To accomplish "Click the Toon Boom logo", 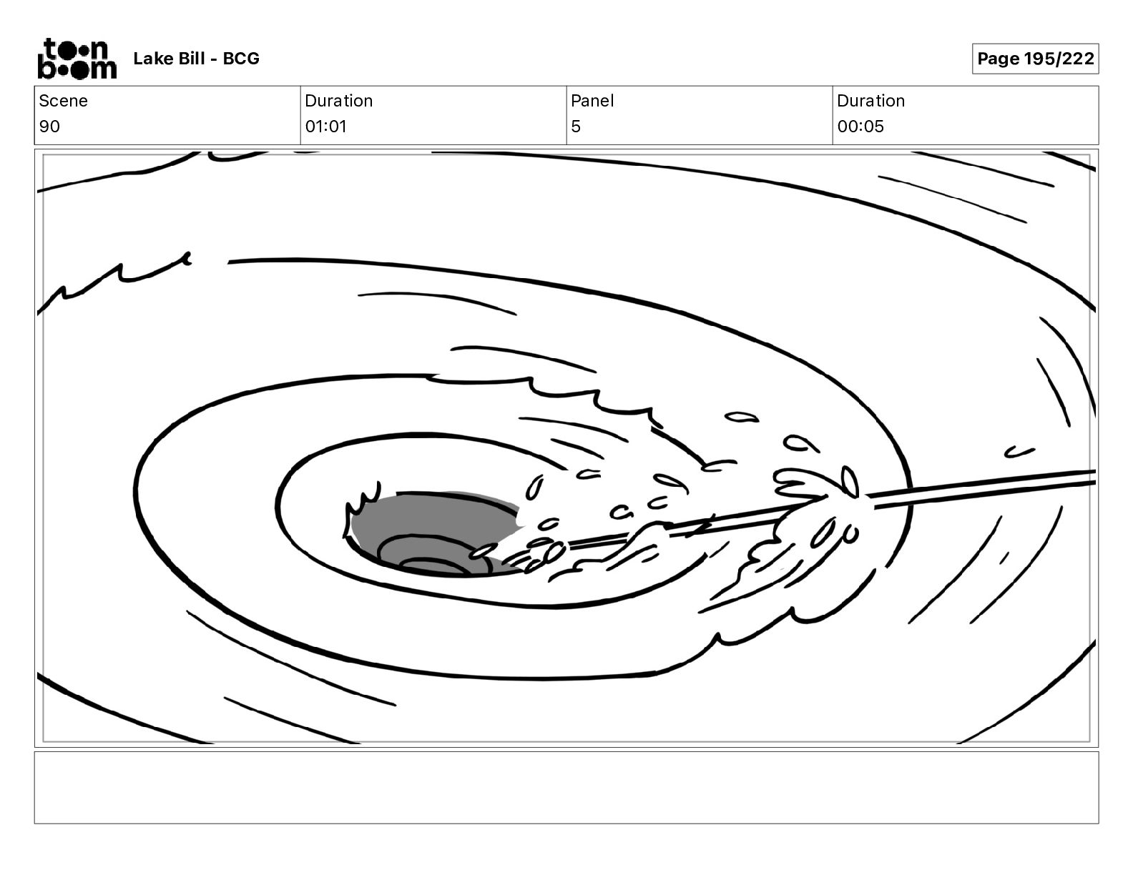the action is (x=77, y=59).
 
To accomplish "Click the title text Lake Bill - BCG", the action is (x=196, y=59).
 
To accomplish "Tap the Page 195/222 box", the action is (x=1035, y=59).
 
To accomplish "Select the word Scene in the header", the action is (x=63, y=101).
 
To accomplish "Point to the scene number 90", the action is (x=49, y=126).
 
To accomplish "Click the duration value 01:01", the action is (x=325, y=126).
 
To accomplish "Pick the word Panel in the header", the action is (x=592, y=101).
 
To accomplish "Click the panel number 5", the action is (x=576, y=126).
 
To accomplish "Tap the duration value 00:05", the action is (x=860, y=126).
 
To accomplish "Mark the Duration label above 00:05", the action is (x=870, y=101).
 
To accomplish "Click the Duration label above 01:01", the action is (x=339, y=101).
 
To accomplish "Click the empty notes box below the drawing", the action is (x=566, y=788).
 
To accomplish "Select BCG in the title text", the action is (x=241, y=59).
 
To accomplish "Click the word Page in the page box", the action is (x=998, y=59).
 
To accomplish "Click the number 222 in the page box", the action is (x=1078, y=59).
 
